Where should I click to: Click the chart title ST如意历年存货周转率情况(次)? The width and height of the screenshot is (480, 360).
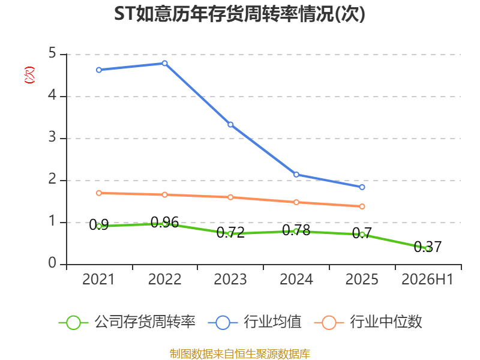pyautogui.click(x=239, y=14)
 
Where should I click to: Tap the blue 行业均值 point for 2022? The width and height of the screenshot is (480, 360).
pyautogui.click(x=164, y=64)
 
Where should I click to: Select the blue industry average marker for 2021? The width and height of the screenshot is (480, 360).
pyautogui.click(x=99, y=70)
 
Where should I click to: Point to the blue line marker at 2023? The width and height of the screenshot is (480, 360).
pyautogui.click(x=230, y=125)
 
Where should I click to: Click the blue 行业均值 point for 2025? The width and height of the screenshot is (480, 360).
pyautogui.click(x=362, y=187)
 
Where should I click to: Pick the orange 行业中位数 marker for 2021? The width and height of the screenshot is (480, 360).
pyautogui.click(x=99, y=193)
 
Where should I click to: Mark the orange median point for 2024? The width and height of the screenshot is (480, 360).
pyautogui.click(x=296, y=202)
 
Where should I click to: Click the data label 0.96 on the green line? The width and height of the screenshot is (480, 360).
pyautogui.click(x=164, y=222)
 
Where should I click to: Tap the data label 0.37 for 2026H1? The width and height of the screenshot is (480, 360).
pyautogui.click(x=428, y=247)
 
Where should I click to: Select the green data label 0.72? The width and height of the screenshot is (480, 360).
pyautogui.click(x=230, y=233)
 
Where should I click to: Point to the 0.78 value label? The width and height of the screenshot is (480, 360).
pyautogui.click(x=296, y=230)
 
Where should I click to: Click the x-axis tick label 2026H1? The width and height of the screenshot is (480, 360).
pyautogui.click(x=427, y=279)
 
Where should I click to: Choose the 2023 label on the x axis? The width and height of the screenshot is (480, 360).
pyautogui.click(x=230, y=279)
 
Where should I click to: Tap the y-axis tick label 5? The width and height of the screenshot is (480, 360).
pyautogui.click(x=52, y=53)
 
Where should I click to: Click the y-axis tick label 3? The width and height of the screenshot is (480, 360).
pyautogui.click(x=52, y=137)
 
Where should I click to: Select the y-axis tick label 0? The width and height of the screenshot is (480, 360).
pyautogui.click(x=52, y=263)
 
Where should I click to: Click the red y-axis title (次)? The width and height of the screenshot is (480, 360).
pyautogui.click(x=29, y=75)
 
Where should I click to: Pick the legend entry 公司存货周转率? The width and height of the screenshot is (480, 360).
pyautogui.click(x=127, y=322)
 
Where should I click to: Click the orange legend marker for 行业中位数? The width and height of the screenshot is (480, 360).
pyautogui.click(x=329, y=323)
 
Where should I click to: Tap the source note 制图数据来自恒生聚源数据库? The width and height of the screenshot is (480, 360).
pyautogui.click(x=240, y=354)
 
